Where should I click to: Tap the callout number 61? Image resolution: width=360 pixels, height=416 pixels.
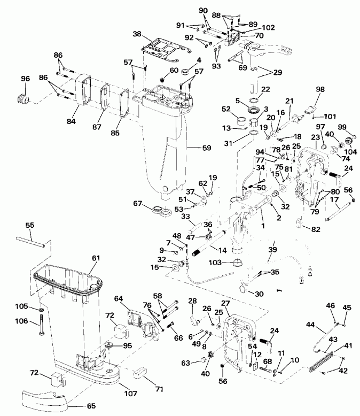96,258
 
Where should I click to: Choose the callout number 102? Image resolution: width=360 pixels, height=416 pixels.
268,27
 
